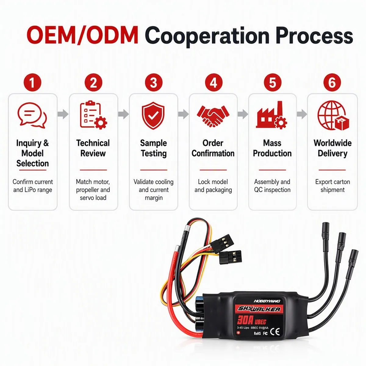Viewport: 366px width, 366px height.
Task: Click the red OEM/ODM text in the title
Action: (x=83, y=35)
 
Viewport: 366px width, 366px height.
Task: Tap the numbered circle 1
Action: (x=32, y=82)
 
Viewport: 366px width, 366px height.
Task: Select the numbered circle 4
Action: (x=213, y=82)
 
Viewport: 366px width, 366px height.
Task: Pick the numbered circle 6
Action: (x=332, y=82)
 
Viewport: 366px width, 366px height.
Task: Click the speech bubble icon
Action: (x=32, y=115)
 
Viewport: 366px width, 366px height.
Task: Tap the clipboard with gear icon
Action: (x=93, y=115)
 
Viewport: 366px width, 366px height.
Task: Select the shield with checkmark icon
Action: (x=153, y=116)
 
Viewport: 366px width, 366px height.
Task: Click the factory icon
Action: (x=272, y=115)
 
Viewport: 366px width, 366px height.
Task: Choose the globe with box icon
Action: (x=333, y=115)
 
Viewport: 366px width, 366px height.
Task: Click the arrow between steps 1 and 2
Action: (x=63, y=114)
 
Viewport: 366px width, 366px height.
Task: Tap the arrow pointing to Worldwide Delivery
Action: (x=302, y=114)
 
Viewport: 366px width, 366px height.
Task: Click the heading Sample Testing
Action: (x=153, y=148)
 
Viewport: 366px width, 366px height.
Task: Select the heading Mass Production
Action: (x=272, y=148)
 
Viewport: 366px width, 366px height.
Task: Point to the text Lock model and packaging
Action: (x=213, y=186)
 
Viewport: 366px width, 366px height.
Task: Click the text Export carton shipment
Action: (x=332, y=186)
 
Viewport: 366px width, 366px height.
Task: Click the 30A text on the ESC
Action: (x=245, y=320)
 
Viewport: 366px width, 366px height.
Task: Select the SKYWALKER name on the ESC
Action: (x=259, y=309)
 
